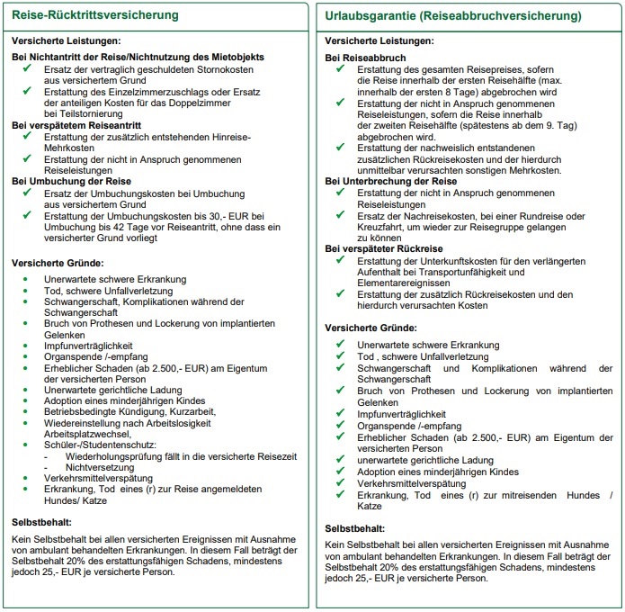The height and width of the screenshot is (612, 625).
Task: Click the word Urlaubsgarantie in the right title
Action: coord(371,16)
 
